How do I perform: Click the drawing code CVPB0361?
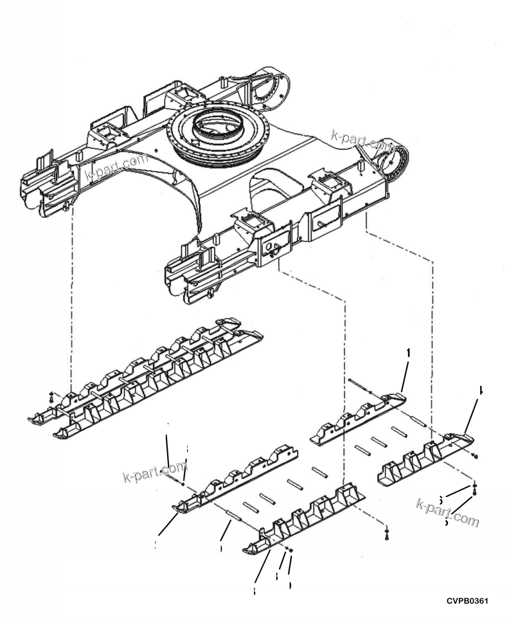[x=467, y=601]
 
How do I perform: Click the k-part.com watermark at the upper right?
[x=363, y=141]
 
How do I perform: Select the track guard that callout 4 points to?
[x=424, y=460]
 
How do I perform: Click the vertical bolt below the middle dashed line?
[x=386, y=533]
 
